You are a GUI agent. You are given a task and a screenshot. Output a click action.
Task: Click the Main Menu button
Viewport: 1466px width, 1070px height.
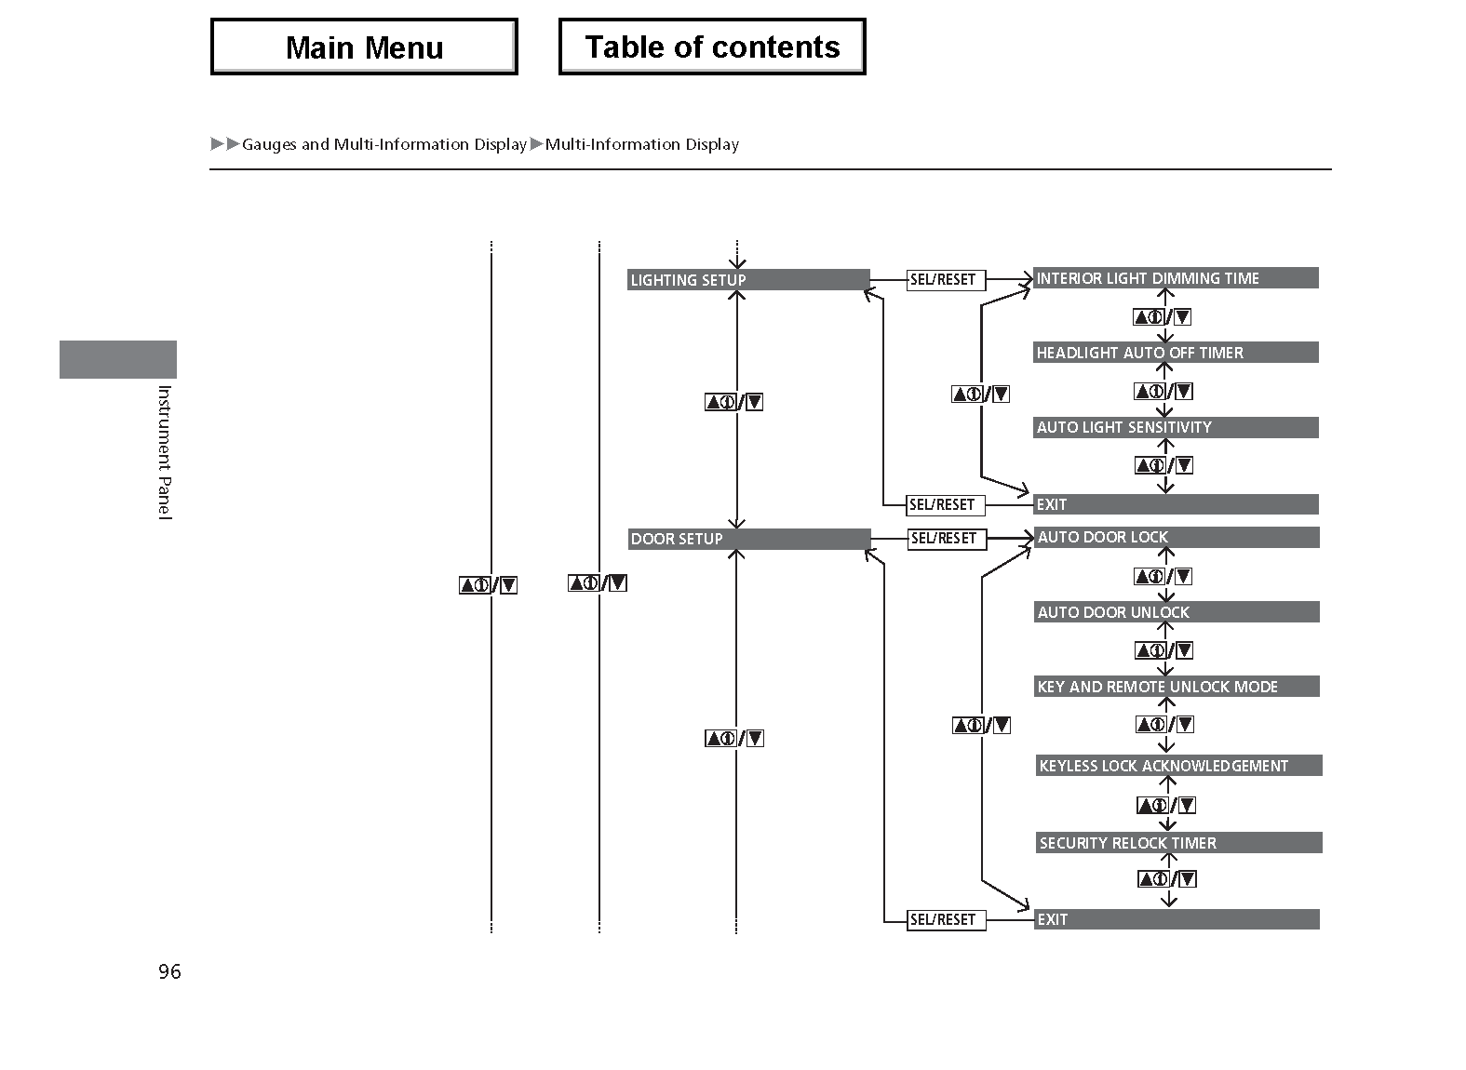pyautogui.click(x=365, y=47)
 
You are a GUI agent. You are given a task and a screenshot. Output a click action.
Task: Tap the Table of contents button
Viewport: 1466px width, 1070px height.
pyautogui.click(x=712, y=47)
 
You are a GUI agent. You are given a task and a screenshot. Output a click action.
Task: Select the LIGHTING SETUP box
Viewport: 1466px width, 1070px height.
pyautogui.click(x=748, y=279)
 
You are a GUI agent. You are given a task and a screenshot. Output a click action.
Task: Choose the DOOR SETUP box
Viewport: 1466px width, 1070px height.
pyautogui.click(x=749, y=539)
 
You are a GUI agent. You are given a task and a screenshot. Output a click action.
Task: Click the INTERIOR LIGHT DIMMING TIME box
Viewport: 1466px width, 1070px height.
pyautogui.click(x=1177, y=278)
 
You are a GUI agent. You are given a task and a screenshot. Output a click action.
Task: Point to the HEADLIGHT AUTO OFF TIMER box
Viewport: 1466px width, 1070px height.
pyautogui.click(x=1177, y=353)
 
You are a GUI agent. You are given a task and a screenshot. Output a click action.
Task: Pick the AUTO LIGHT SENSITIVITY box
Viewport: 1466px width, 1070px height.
pyautogui.click(x=1177, y=427)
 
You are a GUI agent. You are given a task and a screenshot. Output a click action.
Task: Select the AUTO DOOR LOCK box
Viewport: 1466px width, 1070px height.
pyautogui.click(x=1177, y=537)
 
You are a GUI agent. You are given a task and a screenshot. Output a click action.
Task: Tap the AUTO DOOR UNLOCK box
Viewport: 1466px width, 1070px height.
pyautogui.click(x=1177, y=612)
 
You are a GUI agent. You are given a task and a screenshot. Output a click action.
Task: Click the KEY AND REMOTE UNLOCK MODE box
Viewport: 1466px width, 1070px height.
pyautogui.click(x=1177, y=686)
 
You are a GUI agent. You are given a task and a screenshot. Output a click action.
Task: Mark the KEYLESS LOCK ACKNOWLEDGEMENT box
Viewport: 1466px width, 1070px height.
pyautogui.click(x=1178, y=765)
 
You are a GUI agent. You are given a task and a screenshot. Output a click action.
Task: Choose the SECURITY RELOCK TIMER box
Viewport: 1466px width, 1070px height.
pyautogui.click(x=1178, y=842)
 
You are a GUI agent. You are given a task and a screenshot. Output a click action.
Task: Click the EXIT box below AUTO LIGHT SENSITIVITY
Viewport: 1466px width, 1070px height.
pyautogui.click(x=1177, y=504)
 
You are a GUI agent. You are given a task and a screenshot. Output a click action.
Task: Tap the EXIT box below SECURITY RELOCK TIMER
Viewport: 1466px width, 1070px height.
pyautogui.click(x=1177, y=919)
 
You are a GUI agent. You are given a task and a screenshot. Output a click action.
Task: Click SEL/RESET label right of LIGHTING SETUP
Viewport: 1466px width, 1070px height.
pyautogui.click(x=946, y=280)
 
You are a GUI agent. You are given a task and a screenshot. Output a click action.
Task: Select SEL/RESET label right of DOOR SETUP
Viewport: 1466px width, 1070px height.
pyautogui.click(x=947, y=539)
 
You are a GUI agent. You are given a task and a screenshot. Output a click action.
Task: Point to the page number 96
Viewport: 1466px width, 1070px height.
pyautogui.click(x=169, y=971)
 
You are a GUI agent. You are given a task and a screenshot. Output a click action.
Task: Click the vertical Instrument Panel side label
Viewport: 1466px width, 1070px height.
pyautogui.click(x=165, y=452)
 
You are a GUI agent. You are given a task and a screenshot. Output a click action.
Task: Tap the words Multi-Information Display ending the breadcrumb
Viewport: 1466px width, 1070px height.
pyautogui.click(x=642, y=144)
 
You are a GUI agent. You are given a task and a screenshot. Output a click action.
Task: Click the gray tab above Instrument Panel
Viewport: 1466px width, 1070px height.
pyautogui.click(x=118, y=359)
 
